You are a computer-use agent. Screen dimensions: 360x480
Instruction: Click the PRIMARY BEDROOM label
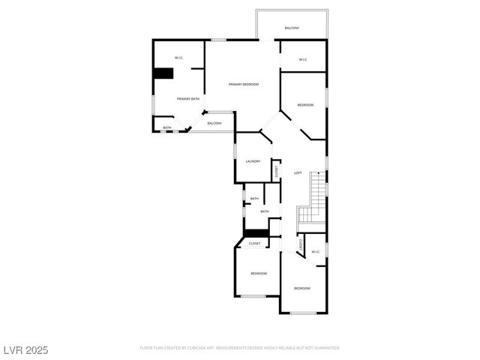[244, 84]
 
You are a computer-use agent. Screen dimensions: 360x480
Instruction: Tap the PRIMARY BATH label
[188, 99]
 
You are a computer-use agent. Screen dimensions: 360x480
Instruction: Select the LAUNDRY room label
[253, 161]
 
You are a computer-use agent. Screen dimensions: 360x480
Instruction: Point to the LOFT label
[298, 172]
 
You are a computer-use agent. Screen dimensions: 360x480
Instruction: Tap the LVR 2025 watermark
[25, 349]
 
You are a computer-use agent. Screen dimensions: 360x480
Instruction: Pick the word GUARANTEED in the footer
[324, 348]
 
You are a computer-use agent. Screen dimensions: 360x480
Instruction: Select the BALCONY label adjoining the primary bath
[214, 123]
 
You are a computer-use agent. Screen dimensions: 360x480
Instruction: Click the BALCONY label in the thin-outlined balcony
[292, 28]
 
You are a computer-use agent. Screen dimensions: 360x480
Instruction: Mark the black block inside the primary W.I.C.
[163, 73]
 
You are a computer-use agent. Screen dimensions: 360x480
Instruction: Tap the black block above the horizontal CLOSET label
[255, 233]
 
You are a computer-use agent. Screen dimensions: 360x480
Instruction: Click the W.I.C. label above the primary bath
[179, 58]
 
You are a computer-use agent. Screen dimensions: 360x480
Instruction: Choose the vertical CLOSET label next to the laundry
[276, 172]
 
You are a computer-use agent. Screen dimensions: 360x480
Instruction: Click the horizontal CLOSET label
[255, 244]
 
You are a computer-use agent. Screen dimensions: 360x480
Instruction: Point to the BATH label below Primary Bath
[167, 128]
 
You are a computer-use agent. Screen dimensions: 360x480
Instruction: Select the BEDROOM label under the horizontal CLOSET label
[259, 274]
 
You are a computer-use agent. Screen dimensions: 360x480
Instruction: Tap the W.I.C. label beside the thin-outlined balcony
[303, 59]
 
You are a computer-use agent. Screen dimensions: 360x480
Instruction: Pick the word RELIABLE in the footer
[285, 348]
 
